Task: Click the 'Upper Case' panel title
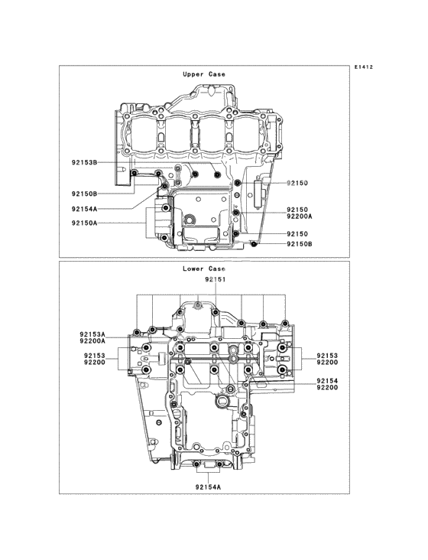pos(204,74)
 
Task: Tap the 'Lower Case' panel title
pos(204,269)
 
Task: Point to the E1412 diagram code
pos(364,67)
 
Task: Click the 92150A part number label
pos(84,223)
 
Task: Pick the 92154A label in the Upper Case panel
pos(84,209)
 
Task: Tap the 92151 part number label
pos(216,279)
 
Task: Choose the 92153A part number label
pos(92,334)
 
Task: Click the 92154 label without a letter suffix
pos(327,381)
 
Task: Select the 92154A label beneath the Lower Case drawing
pos(209,487)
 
